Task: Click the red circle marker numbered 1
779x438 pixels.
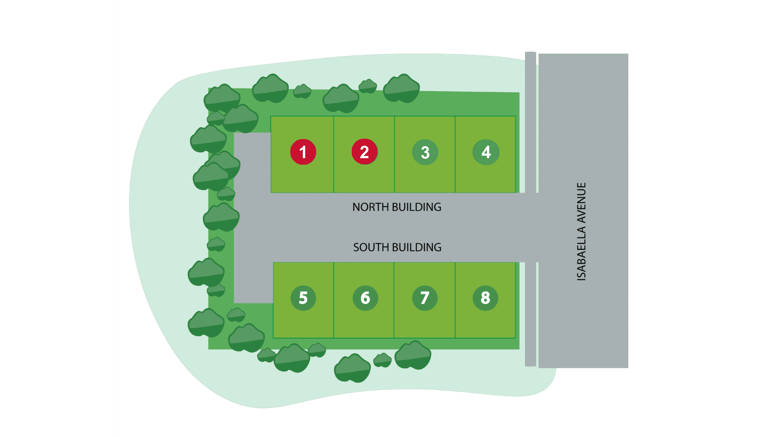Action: click(x=303, y=152)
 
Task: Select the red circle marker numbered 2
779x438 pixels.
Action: click(x=364, y=152)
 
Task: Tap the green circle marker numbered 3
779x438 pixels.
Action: click(x=425, y=152)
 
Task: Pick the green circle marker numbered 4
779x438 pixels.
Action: click(x=486, y=152)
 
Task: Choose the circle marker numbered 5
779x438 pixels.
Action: click(x=303, y=298)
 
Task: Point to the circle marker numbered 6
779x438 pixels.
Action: click(x=365, y=298)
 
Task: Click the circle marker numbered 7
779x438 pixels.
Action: click(x=425, y=298)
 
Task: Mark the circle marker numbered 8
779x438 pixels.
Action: click(x=485, y=298)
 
